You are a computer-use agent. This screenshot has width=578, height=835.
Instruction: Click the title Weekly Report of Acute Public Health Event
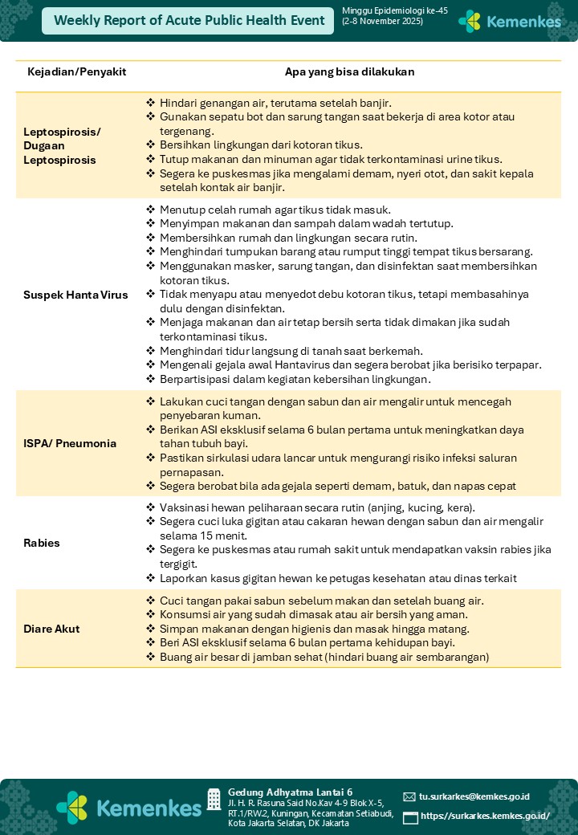(189, 21)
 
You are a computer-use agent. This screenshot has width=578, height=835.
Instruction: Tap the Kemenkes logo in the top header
(510, 22)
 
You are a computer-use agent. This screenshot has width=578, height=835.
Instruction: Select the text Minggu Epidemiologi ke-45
(384, 10)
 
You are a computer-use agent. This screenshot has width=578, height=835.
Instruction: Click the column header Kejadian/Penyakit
(77, 72)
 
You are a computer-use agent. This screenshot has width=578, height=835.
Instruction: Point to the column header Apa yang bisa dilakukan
(350, 72)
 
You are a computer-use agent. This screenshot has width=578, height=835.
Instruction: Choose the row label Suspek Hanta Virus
(75, 295)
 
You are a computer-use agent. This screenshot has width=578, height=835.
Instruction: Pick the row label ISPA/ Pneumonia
(70, 443)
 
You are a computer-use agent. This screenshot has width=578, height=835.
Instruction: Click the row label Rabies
(42, 543)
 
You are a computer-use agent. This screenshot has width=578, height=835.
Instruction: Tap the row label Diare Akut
(51, 629)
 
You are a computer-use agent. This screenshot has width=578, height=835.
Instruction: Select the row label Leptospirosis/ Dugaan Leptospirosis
(63, 145)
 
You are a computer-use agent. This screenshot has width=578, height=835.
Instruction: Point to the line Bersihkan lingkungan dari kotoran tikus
(261, 145)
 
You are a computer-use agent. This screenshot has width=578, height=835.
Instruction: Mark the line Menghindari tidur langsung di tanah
(291, 350)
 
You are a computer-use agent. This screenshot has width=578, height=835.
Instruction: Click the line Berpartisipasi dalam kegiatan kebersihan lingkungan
(295, 379)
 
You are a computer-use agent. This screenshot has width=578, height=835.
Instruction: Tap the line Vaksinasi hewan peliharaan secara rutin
(317, 507)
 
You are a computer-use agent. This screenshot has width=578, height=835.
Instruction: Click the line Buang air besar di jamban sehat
(324, 657)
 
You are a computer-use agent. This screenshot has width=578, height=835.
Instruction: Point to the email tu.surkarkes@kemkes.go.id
(474, 796)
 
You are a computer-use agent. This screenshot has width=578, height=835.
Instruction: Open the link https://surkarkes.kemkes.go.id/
(485, 816)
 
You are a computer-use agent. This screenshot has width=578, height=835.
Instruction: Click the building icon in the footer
(214, 799)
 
